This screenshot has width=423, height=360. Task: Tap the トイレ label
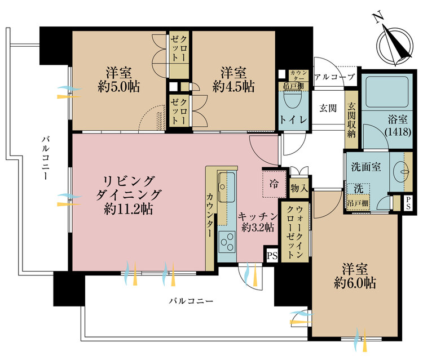tap(293, 121)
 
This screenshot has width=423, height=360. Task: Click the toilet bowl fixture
tap(293, 100)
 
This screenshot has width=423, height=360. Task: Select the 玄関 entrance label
tap(328, 107)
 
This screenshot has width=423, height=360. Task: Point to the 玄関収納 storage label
tap(351, 117)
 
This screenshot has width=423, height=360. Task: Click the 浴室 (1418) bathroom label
tap(398, 125)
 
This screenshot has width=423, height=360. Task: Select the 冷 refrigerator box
tap(274, 184)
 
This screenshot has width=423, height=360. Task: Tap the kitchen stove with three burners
tap(227, 244)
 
